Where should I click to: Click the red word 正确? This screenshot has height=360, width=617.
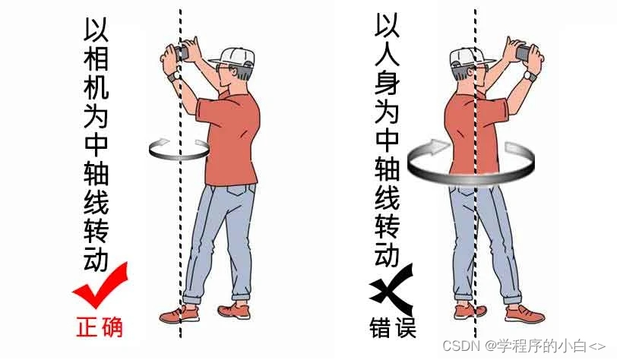[99, 327]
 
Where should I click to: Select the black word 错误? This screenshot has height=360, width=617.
[393, 327]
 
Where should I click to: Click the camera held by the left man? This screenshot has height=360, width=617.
[182, 52]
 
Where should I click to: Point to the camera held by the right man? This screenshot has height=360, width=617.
[524, 52]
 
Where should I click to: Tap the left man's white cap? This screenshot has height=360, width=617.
[233, 56]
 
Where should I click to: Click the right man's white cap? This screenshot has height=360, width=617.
[469, 56]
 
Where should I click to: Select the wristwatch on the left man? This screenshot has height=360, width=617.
[173, 76]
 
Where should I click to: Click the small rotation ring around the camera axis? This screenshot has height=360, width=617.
[179, 158]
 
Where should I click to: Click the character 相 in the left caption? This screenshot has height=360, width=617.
[97, 58]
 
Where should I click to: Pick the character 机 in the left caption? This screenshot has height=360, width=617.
[97, 87]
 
